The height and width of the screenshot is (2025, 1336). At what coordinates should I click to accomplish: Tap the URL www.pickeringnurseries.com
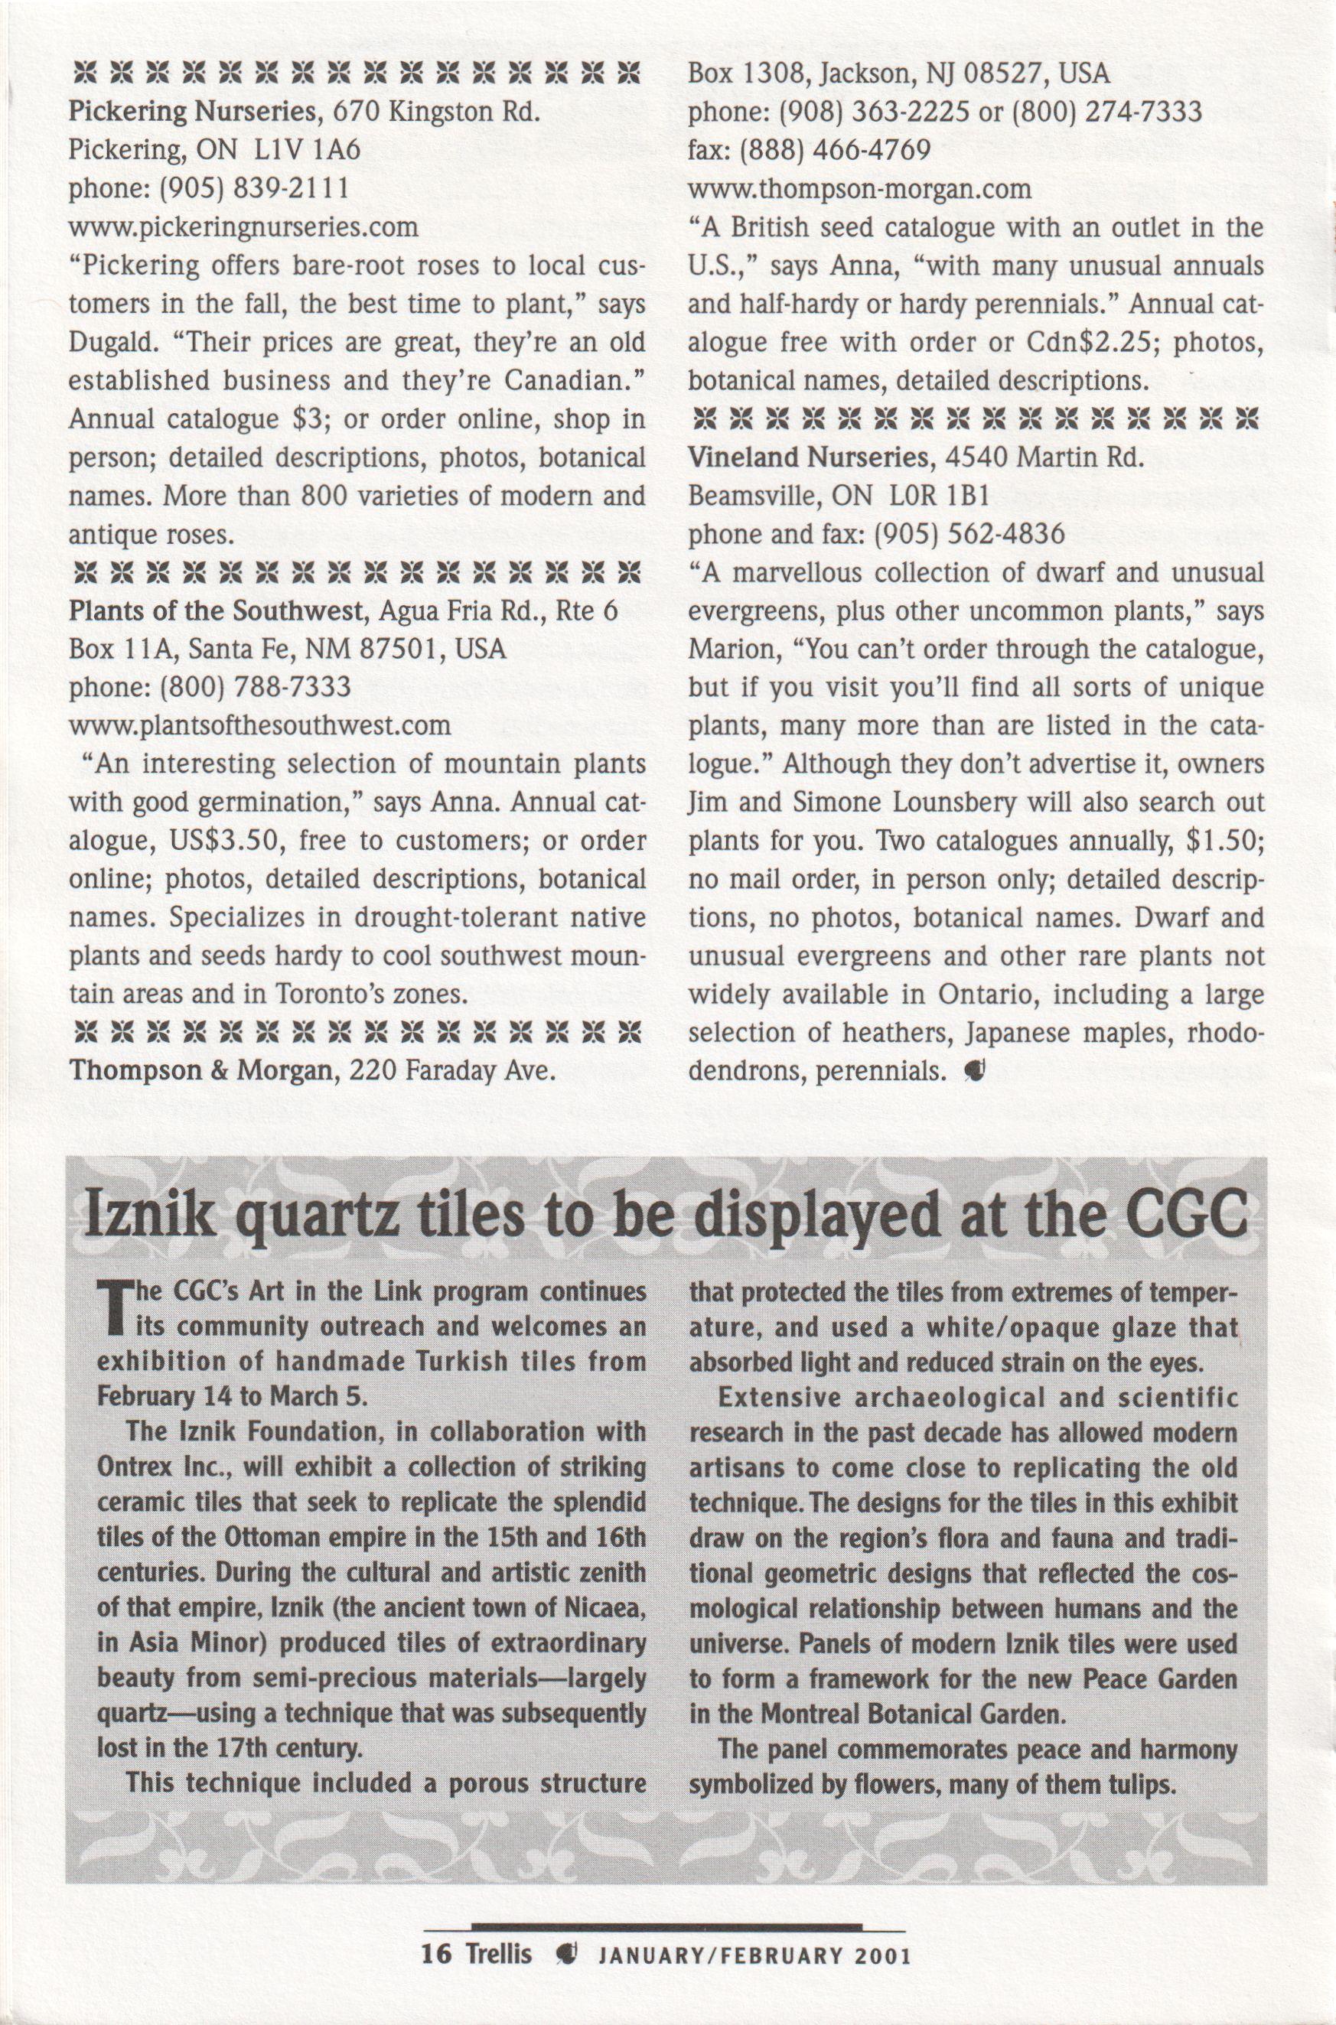243,227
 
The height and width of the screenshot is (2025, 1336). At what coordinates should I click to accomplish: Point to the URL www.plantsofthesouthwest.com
259,726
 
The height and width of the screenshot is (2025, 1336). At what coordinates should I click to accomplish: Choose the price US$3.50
225,842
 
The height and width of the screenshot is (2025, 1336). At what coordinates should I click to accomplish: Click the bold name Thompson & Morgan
200,1070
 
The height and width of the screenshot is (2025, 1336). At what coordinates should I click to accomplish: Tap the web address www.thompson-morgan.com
860,188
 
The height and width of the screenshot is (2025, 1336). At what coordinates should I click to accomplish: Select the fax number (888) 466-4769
835,150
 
